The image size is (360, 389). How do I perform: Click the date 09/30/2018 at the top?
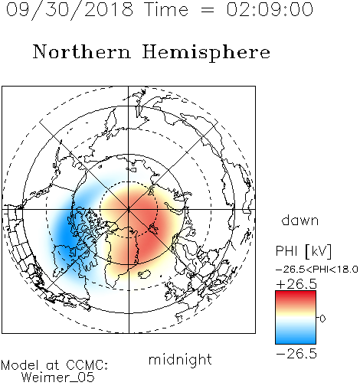(x=70, y=10)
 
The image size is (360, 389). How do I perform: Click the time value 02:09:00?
(x=270, y=9)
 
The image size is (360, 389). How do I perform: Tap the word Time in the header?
(x=166, y=9)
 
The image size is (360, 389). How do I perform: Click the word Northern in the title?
(x=82, y=51)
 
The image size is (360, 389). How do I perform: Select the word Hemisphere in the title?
(x=206, y=53)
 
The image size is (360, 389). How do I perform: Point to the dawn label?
(x=300, y=220)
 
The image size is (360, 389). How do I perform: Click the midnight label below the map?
(x=180, y=359)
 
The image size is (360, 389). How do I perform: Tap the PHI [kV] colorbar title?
(x=303, y=251)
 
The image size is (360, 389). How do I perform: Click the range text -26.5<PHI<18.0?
(x=317, y=269)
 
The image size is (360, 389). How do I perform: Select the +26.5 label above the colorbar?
(x=296, y=284)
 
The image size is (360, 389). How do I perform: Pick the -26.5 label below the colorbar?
(x=296, y=354)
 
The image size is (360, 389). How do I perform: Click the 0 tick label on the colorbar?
(x=322, y=319)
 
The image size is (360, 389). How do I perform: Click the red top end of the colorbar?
(x=296, y=293)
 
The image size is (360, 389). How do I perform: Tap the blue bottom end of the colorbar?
(x=296, y=342)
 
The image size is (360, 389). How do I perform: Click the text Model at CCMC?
(x=54, y=365)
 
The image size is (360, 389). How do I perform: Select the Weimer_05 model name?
(x=58, y=377)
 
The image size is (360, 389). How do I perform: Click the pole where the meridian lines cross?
(x=129, y=209)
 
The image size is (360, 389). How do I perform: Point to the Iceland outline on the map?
(x=144, y=273)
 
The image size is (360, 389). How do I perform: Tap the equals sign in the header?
(x=207, y=10)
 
